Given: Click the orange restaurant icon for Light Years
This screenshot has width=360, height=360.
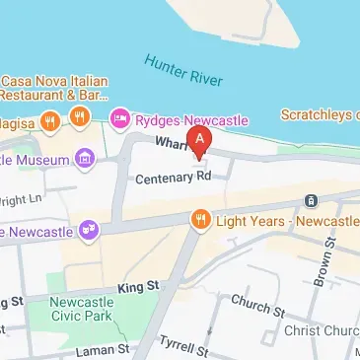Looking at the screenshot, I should pos(201,217).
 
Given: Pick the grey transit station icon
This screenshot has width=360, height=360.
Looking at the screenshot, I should pos(311,200).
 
